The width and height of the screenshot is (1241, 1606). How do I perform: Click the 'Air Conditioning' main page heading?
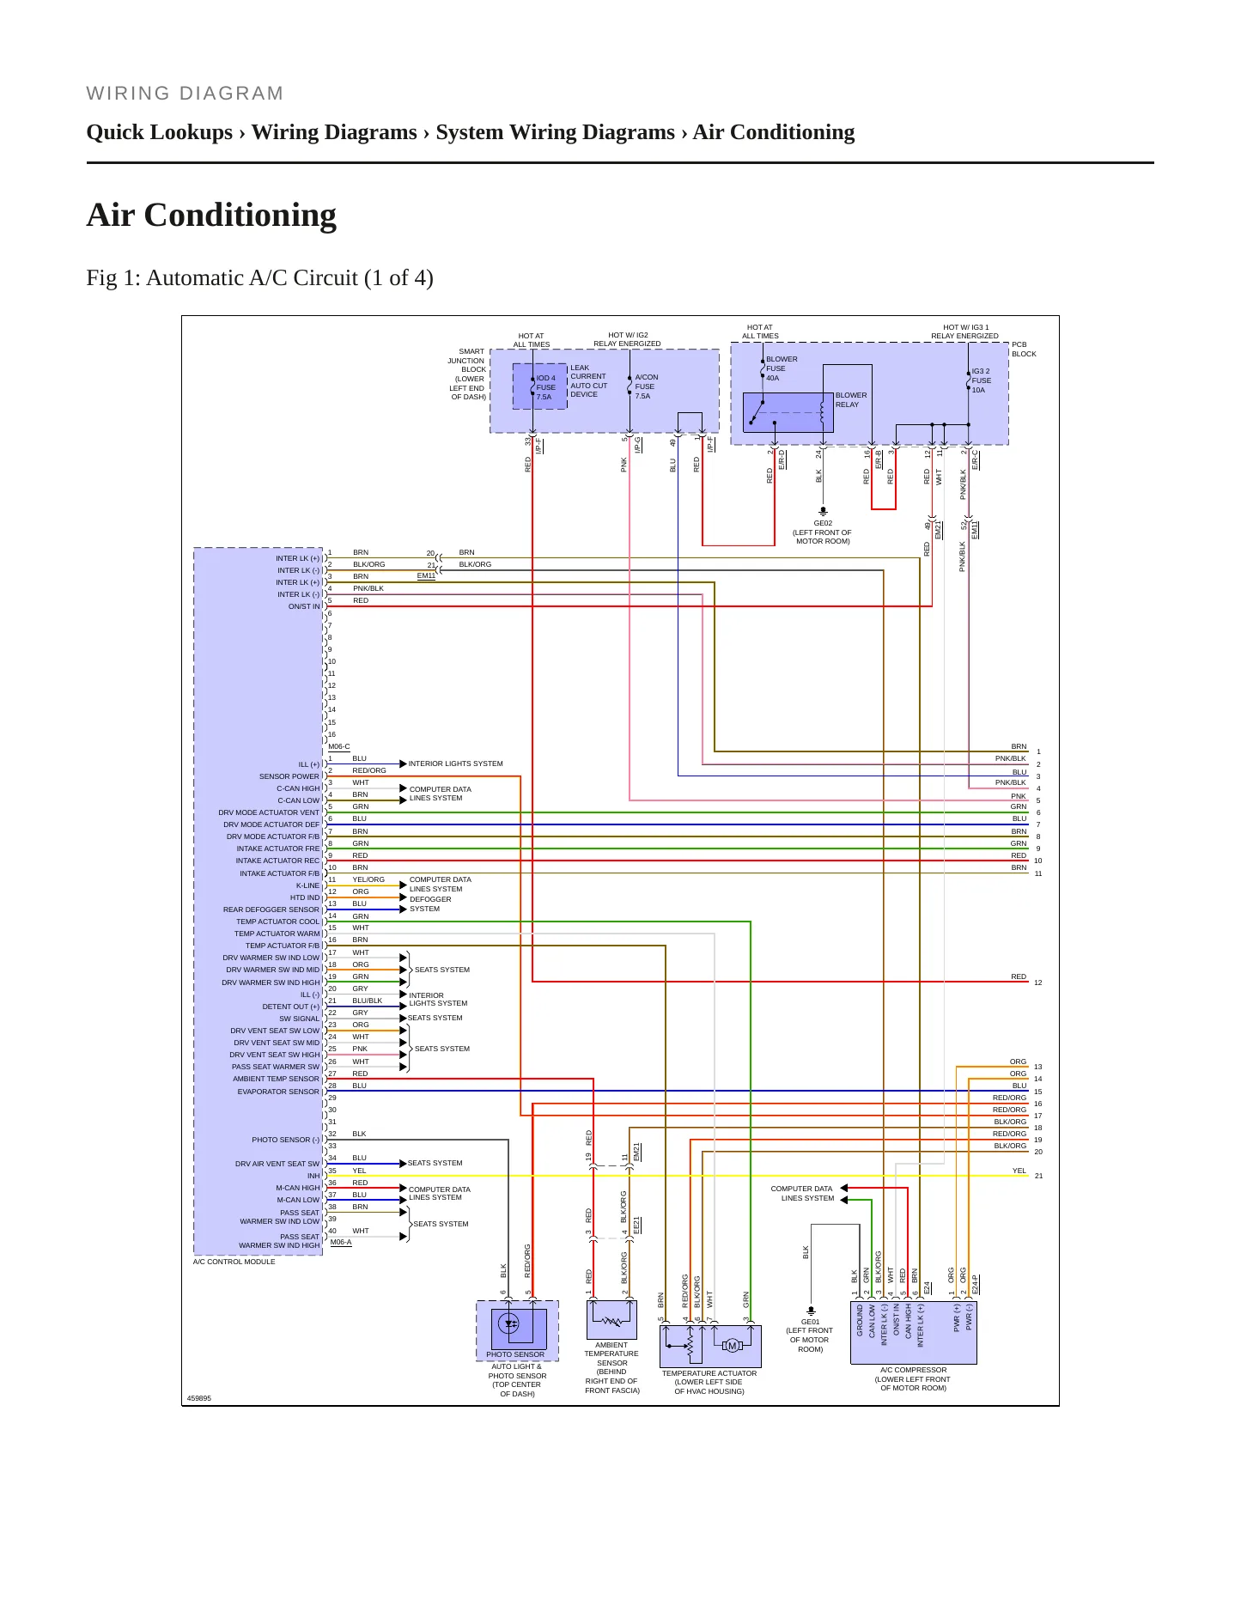point(211,215)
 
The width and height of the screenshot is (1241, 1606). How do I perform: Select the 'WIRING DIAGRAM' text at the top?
point(185,94)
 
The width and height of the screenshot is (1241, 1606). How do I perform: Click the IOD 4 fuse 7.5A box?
point(539,386)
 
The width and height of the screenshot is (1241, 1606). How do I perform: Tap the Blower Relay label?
point(850,400)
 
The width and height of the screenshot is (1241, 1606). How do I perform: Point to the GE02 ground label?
point(823,522)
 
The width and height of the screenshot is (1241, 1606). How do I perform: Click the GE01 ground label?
point(810,1322)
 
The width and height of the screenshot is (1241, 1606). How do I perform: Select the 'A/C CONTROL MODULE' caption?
point(234,1262)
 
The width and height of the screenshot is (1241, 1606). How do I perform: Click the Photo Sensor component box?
point(517,1330)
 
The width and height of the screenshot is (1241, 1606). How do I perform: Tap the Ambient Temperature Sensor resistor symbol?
point(612,1321)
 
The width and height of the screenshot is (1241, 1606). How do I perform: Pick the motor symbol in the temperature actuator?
point(733,1346)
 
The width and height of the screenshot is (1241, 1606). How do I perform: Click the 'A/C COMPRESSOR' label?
point(913,1370)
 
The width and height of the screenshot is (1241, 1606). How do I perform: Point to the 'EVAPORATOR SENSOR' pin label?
point(278,1092)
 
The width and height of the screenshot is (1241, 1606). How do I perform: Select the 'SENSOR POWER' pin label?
point(289,776)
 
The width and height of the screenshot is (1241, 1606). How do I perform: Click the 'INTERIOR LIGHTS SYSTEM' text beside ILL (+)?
point(456,763)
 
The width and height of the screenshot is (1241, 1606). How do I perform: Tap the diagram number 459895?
point(199,1398)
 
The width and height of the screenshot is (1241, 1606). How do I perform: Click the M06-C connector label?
point(339,747)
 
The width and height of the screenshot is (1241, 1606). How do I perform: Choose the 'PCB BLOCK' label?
point(1024,349)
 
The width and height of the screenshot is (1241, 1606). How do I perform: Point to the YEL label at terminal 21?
point(1019,1171)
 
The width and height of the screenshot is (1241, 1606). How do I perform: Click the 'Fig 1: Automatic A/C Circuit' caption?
point(259,278)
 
